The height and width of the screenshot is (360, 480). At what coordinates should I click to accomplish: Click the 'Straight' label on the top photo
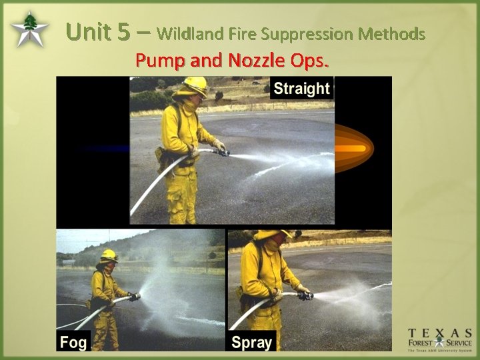point(301,89)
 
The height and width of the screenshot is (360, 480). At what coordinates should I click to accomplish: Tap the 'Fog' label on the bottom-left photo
point(73,343)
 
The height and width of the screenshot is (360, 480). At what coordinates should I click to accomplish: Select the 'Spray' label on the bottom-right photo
point(251,343)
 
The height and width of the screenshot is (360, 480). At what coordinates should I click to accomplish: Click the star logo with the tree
point(29,30)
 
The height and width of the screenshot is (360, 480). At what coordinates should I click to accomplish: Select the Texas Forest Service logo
point(440,340)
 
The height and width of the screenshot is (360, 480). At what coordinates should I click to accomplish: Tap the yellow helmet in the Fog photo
point(109,255)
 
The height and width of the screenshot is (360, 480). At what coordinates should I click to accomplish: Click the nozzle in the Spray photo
point(305,295)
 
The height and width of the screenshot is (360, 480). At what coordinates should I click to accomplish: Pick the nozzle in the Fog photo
point(135,297)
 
